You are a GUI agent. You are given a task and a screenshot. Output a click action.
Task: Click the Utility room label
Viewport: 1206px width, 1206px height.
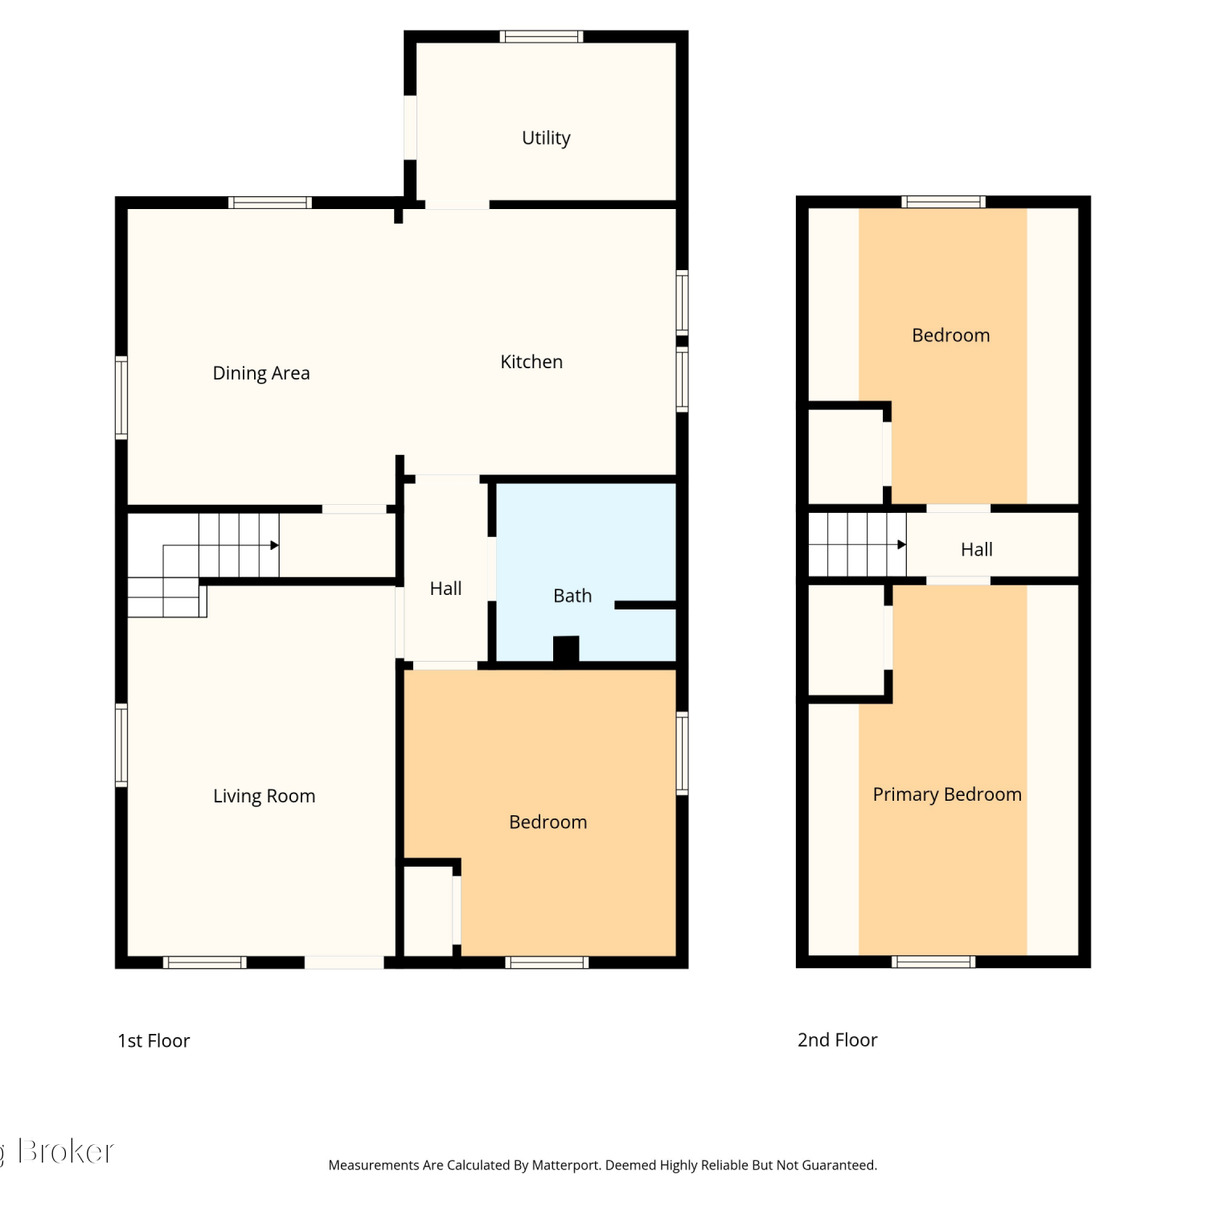click(x=546, y=138)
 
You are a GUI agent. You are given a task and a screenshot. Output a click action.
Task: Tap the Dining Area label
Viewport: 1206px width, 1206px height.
click(x=261, y=373)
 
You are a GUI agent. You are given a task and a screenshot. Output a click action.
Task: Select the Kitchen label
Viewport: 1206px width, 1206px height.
click(x=531, y=362)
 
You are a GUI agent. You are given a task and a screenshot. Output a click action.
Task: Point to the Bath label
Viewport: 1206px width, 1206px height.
click(x=572, y=596)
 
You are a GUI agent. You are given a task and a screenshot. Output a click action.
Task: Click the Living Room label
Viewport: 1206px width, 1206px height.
click(x=264, y=796)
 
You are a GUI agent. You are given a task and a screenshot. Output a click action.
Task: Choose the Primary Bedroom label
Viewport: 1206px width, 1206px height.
click(x=947, y=794)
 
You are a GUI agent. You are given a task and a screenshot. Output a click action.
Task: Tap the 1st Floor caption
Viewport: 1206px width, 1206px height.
click(x=154, y=1040)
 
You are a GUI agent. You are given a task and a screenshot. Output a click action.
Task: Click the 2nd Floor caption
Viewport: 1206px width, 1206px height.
click(x=837, y=1040)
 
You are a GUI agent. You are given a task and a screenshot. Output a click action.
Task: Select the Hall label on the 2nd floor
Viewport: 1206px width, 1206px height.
click(x=977, y=549)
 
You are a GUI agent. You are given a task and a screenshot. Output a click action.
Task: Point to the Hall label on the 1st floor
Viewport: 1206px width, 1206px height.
click(x=445, y=589)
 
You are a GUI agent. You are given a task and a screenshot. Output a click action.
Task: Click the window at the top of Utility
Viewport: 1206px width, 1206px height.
click(x=541, y=36)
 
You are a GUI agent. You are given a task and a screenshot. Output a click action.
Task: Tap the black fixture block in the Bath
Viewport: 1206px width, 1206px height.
click(x=566, y=650)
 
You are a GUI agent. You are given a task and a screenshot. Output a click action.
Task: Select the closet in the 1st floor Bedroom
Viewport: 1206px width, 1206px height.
click(x=428, y=911)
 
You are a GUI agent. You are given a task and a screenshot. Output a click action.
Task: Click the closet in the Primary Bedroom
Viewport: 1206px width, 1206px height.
click(x=846, y=640)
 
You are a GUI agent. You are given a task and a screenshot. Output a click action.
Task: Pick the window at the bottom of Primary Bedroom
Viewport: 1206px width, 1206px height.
click(x=933, y=962)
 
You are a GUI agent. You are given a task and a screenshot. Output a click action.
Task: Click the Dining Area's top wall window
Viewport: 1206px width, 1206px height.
click(x=270, y=203)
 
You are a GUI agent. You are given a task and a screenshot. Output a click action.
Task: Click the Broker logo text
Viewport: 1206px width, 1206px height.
click(x=66, y=1151)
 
